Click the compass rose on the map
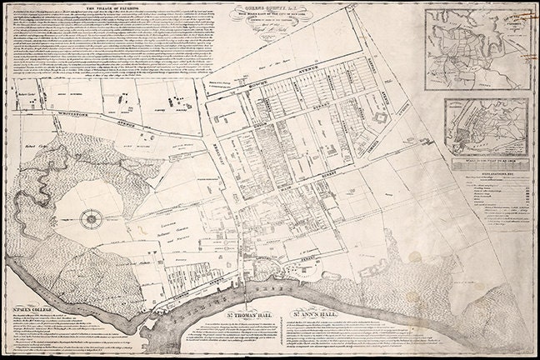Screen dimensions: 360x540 (88, 220)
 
